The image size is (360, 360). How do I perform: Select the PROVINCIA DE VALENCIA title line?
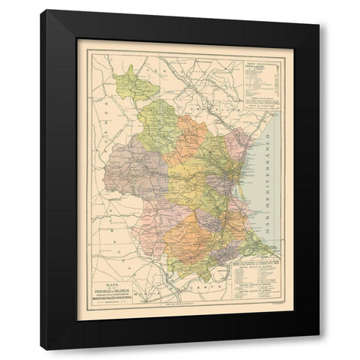pyautogui.click(x=133, y=288)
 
